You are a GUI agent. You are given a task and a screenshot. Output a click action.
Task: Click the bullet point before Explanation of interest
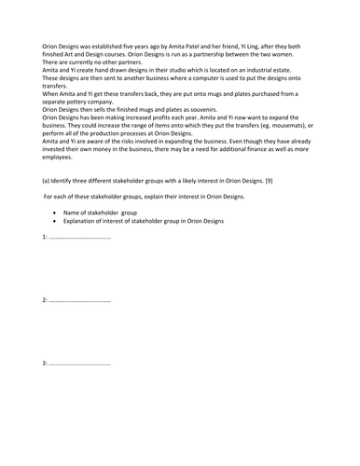point(57,222)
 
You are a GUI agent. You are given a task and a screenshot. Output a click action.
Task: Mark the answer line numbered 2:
point(76,301)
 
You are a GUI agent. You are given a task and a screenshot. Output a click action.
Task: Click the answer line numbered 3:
point(76,363)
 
